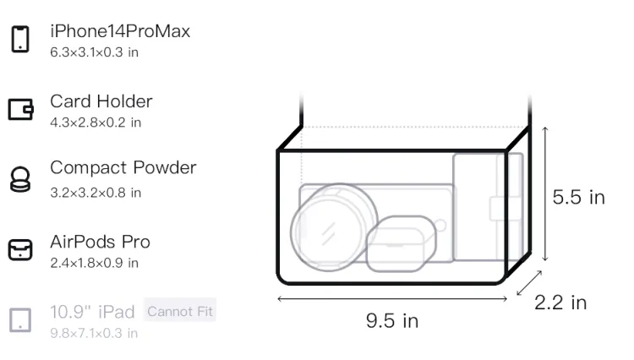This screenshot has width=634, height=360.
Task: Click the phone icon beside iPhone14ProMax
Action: (x=20, y=39)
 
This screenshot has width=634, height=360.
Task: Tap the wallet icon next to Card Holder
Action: (x=20, y=109)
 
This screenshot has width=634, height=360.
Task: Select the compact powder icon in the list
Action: (x=19, y=179)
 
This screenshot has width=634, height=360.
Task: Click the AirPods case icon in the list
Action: (x=20, y=249)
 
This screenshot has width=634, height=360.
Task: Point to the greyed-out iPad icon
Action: (x=20, y=320)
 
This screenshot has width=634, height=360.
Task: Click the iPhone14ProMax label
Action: (x=120, y=31)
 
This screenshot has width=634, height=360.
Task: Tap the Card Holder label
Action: (x=101, y=101)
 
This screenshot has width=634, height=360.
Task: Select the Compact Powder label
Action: (x=123, y=167)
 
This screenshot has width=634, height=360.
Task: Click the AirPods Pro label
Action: (x=101, y=242)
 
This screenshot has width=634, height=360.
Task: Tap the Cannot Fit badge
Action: (x=180, y=311)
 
